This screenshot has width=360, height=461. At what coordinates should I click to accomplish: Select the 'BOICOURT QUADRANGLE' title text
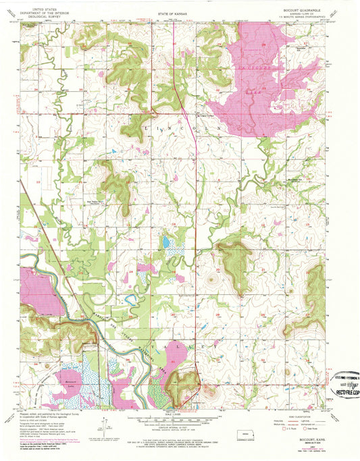click(x=309, y=9)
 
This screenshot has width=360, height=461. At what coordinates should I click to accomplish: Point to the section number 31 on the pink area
click(x=173, y=361)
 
